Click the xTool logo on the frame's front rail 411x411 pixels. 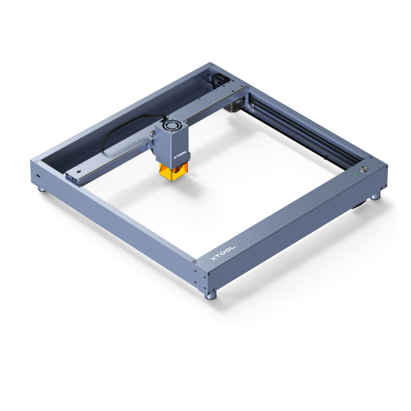tap(223, 253)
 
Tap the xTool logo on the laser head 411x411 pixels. tap(180, 155)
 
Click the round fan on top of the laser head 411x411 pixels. tap(171, 125)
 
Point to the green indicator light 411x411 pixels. tap(355, 175)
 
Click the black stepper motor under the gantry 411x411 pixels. tap(233, 106)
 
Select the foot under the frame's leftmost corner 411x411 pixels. tap(42, 189)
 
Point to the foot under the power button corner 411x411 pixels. tap(375, 196)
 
